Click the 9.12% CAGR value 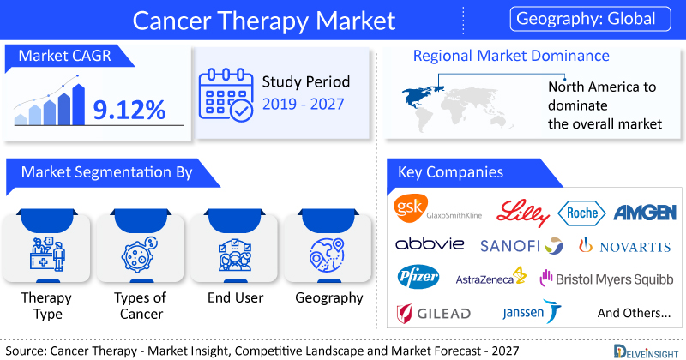(129, 110)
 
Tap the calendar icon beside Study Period (226, 94)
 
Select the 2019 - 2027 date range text (304, 104)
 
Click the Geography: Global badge (590, 19)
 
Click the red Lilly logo (523, 213)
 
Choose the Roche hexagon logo (582, 213)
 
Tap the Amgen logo (645, 213)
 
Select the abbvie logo (430, 243)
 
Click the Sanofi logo (521, 246)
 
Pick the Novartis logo (625, 246)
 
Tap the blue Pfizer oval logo (418, 277)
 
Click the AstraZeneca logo (490, 278)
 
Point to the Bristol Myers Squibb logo (606, 279)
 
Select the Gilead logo (434, 313)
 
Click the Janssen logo (532, 311)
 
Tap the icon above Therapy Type (47, 254)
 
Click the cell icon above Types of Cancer (140, 255)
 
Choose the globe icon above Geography (327, 255)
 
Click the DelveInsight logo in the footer (646, 351)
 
